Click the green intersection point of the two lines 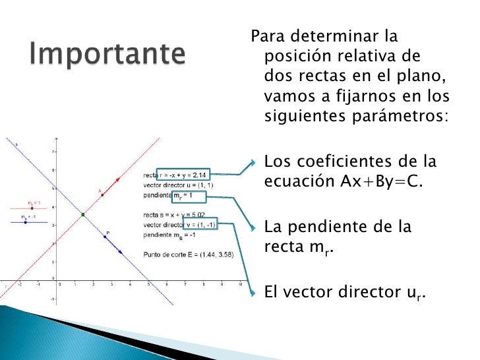point(82,214)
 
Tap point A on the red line point(102,195)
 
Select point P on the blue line point(105,237)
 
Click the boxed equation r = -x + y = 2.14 point(183,175)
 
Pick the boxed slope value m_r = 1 point(189,196)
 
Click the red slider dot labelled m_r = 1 point(32,208)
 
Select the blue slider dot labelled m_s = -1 point(25,222)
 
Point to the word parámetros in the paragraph point(408,117)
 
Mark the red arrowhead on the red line point(118,179)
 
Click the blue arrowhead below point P point(121,252)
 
